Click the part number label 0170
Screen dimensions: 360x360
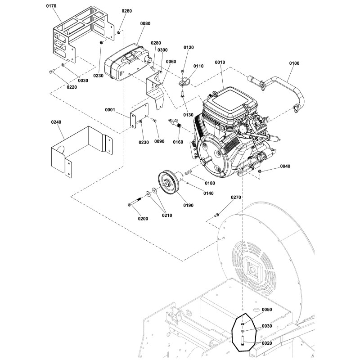[x=53, y=7]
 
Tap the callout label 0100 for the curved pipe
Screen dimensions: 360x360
[x=293, y=63]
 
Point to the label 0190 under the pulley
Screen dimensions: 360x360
[x=188, y=205]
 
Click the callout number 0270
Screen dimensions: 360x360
[x=236, y=197]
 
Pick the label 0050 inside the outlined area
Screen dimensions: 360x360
[x=267, y=310]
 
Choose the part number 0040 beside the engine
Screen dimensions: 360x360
[x=286, y=166]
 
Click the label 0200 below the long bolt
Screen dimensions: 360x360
[x=143, y=218]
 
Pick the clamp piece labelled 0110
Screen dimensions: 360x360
[x=184, y=82]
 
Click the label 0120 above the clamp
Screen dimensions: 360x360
[x=189, y=47]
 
